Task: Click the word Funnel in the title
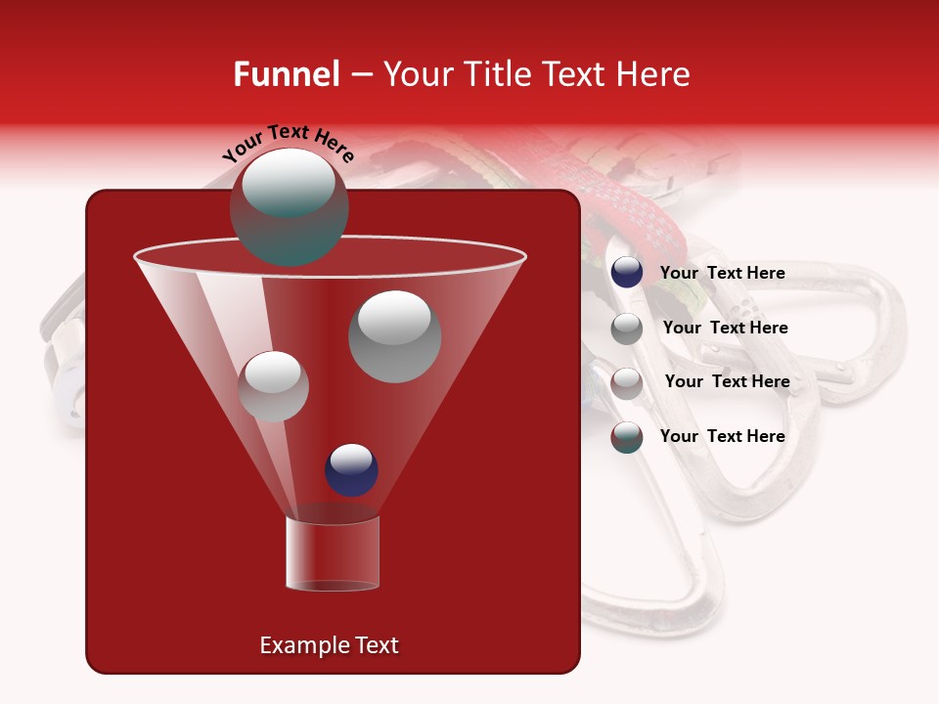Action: click(287, 74)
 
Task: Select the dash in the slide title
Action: click(361, 74)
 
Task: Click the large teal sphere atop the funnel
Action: click(289, 207)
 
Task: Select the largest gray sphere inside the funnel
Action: click(395, 336)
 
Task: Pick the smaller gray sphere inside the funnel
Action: click(273, 386)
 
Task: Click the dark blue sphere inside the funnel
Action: click(351, 469)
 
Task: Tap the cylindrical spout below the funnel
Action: click(333, 553)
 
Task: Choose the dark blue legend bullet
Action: click(627, 273)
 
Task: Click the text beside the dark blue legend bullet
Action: click(722, 273)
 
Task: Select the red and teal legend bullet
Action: click(627, 437)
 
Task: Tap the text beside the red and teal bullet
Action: click(722, 436)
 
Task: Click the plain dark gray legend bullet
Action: click(627, 329)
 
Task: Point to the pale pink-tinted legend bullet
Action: click(627, 383)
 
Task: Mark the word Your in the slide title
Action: click(420, 74)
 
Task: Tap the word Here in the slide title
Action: click(653, 74)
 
